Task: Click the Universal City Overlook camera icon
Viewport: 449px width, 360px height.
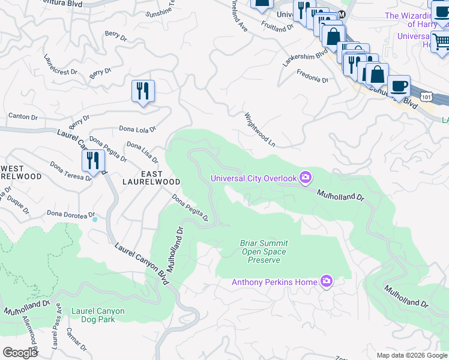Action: click(306, 177)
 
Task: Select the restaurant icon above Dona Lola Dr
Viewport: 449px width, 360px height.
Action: click(143, 91)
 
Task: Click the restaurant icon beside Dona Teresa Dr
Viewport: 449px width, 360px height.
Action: click(93, 161)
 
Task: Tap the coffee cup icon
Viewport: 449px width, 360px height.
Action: click(399, 85)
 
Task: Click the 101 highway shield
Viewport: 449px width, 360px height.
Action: click(426, 96)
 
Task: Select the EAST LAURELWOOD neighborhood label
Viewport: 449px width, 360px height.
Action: click(152, 176)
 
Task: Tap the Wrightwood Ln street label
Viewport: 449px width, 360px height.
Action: click(259, 130)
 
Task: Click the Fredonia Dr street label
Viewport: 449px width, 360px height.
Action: click(312, 76)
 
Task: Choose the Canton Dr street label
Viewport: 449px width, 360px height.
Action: click(22, 116)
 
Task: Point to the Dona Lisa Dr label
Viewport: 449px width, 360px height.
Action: click(142, 152)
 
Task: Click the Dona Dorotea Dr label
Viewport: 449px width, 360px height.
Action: click(71, 214)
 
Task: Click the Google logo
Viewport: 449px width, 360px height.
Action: click(20, 352)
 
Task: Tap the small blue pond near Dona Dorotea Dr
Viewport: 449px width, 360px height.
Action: click(95, 220)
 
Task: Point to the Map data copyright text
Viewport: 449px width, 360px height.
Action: click(411, 355)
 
